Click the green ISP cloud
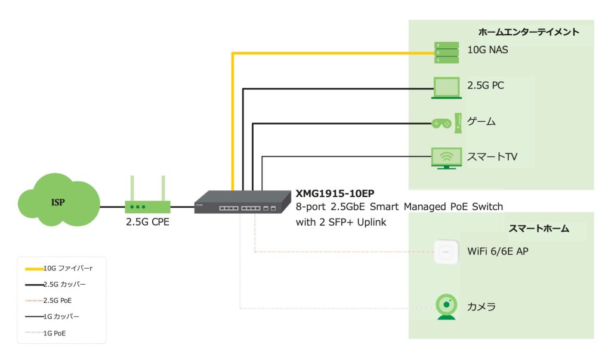[58, 202]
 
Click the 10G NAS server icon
[446, 53]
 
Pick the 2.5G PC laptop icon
[445, 88]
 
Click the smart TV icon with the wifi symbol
[446, 158]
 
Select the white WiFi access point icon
[446, 251]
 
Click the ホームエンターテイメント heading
[529, 32]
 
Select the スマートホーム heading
[539, 228]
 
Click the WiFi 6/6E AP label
[498, 251]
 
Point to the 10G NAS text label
[487, 51]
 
